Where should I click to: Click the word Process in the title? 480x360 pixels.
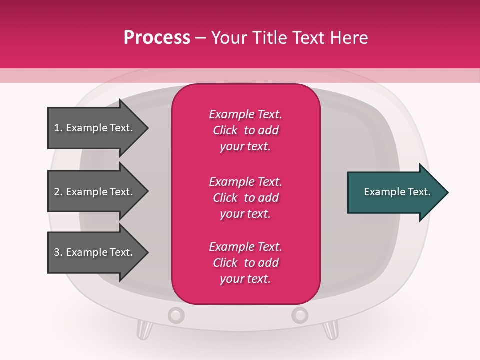157,38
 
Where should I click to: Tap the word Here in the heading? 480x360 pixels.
350,38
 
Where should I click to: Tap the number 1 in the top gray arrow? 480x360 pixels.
57,128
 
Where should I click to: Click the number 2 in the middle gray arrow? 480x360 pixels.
57,192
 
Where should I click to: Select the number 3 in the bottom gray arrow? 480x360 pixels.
57,252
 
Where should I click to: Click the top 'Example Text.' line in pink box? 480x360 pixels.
245,114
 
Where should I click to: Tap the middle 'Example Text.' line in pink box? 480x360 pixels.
245,181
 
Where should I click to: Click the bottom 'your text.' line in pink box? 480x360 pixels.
245,279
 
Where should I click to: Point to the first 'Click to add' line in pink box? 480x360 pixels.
245,130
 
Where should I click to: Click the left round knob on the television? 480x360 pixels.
176,315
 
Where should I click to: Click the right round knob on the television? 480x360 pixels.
299,315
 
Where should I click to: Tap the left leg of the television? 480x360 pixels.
144,330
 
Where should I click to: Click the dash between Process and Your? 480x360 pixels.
200,38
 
